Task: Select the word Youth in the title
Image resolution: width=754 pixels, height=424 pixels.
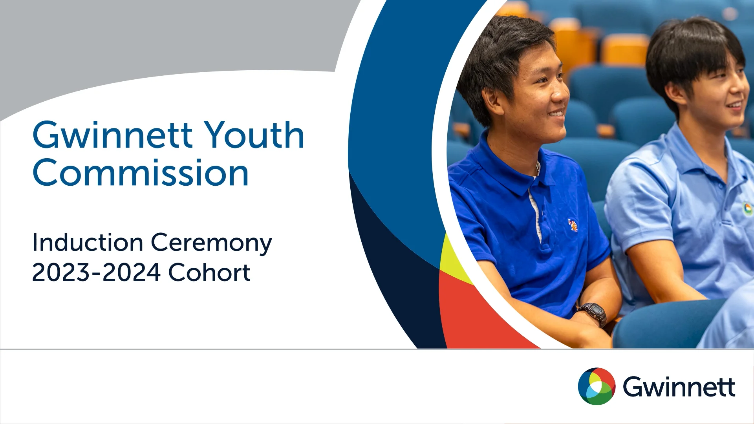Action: tap(254, 135)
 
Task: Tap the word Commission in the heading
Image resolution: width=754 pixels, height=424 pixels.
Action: tap(141, 173)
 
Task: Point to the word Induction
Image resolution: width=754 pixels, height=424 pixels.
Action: tap(87, 243)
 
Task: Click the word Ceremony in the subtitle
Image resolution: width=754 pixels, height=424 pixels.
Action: tap(211, 243)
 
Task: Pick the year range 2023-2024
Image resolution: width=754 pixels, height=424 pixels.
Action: tap(96, 272)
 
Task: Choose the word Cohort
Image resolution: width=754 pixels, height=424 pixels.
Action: tap(209, 272)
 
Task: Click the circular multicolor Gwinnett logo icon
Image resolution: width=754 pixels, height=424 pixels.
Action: tap(597, 386)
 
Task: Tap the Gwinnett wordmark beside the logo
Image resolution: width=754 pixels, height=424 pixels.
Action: tap(679, 387)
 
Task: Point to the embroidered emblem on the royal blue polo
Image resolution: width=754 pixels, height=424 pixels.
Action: tap(573, 225)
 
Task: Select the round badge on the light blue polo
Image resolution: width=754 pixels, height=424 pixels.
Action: tap(747, 208)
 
